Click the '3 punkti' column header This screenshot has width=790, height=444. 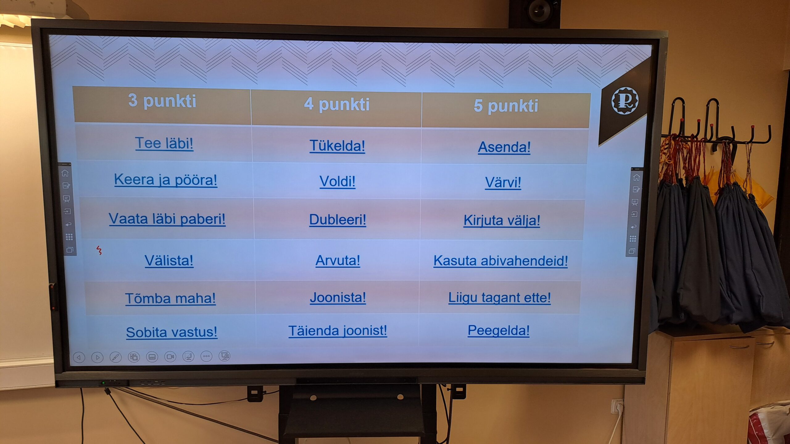click(162, 101)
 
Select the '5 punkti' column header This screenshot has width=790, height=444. click(506, 106)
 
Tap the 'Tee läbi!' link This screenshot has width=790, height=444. click(164, 143)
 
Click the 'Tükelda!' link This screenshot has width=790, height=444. click(337, 146)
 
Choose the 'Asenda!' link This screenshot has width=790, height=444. click(504, 147)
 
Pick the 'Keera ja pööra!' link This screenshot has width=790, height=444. click(166, 180)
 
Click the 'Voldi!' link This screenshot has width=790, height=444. click(337, 181)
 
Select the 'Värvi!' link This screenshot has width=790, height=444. click(503, 182)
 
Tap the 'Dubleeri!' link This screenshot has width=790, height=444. click(338, 220)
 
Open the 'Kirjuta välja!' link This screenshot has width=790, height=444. click(502, 220)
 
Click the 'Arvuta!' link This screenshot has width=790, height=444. click(338, 261)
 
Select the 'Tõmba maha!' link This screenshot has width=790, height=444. click(170, 298)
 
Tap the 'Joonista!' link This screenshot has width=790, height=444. click(338, 298)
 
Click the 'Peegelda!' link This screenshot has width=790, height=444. click(499, 331)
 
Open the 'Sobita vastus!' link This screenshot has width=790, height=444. click(172, 332)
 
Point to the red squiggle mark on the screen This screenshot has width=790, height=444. click(99, 250)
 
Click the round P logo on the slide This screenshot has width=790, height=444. click(625, 101)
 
